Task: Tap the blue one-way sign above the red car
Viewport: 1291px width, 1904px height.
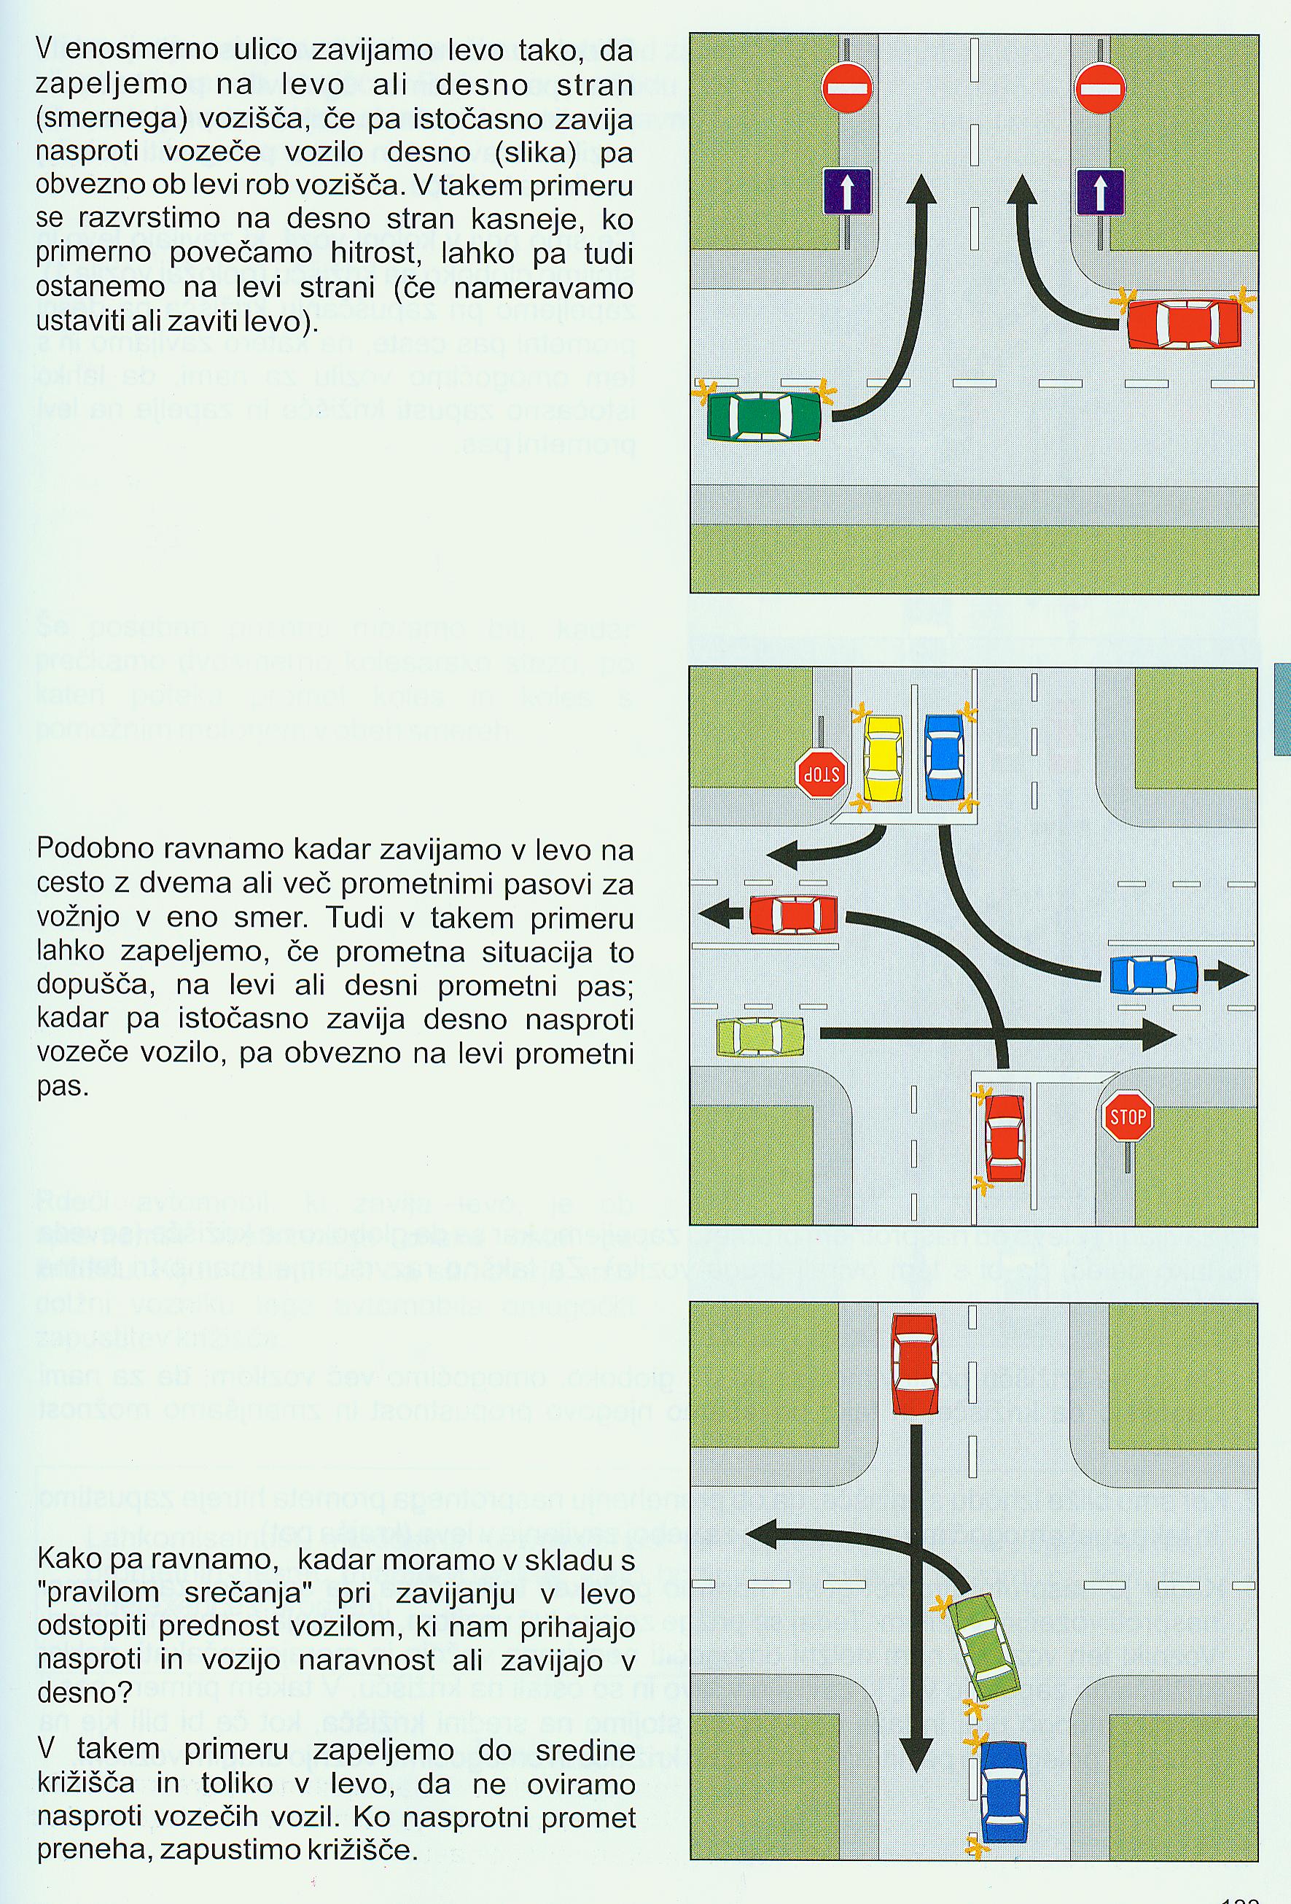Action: click(1099, 192)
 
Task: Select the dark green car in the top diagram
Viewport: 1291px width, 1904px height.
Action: click(764, 416)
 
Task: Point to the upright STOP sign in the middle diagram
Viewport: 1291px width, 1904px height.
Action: click(1127, 1116)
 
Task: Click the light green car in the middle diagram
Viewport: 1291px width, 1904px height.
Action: click(760, 1036)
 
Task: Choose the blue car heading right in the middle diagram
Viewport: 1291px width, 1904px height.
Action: click(1153, 975)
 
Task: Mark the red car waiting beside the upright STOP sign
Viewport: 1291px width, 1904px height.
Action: click(1005, 1137)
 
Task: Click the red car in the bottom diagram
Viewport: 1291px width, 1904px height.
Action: click(914, 1364)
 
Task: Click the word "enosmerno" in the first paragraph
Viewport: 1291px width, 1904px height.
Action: click(140, 51)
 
